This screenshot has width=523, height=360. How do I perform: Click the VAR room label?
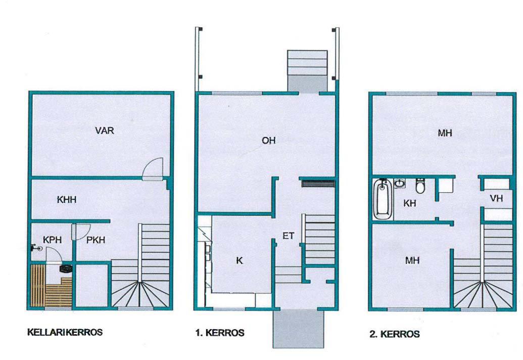[105, 130]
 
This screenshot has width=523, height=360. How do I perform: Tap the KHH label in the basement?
[66, 200]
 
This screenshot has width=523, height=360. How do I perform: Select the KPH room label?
[52, 240]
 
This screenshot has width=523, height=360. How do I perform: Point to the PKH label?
[96, 240]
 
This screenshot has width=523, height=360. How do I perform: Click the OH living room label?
[268, 141]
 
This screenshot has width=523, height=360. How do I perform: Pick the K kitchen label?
[240, 261]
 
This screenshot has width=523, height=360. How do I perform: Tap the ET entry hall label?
[288, 235]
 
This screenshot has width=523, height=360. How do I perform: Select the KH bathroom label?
[409, 203]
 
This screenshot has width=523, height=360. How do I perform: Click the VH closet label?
[496, 199]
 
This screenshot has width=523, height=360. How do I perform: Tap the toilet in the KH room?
[419, 186]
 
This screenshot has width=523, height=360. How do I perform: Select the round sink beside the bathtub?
[399, 184]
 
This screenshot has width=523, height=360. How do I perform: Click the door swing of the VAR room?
[153, 169]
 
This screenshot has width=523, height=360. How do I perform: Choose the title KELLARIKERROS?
[64, 332]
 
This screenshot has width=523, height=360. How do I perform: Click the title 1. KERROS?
[219, 333]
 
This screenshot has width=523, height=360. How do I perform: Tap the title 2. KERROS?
[394, 334]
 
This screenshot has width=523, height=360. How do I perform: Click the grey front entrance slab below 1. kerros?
[298, 329]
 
